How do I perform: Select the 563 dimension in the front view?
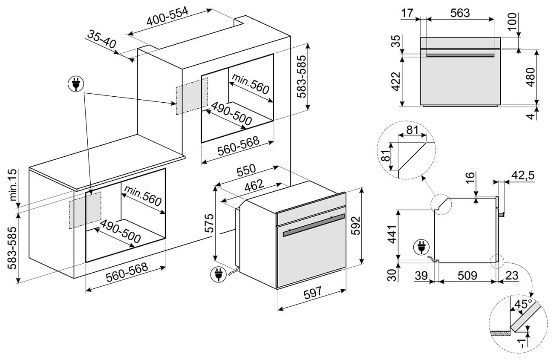point(460,13)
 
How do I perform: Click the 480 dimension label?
point(530,77)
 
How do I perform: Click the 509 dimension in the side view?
point(467,275)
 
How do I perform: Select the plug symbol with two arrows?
point(76,84)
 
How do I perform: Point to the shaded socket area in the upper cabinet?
point(192,96)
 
